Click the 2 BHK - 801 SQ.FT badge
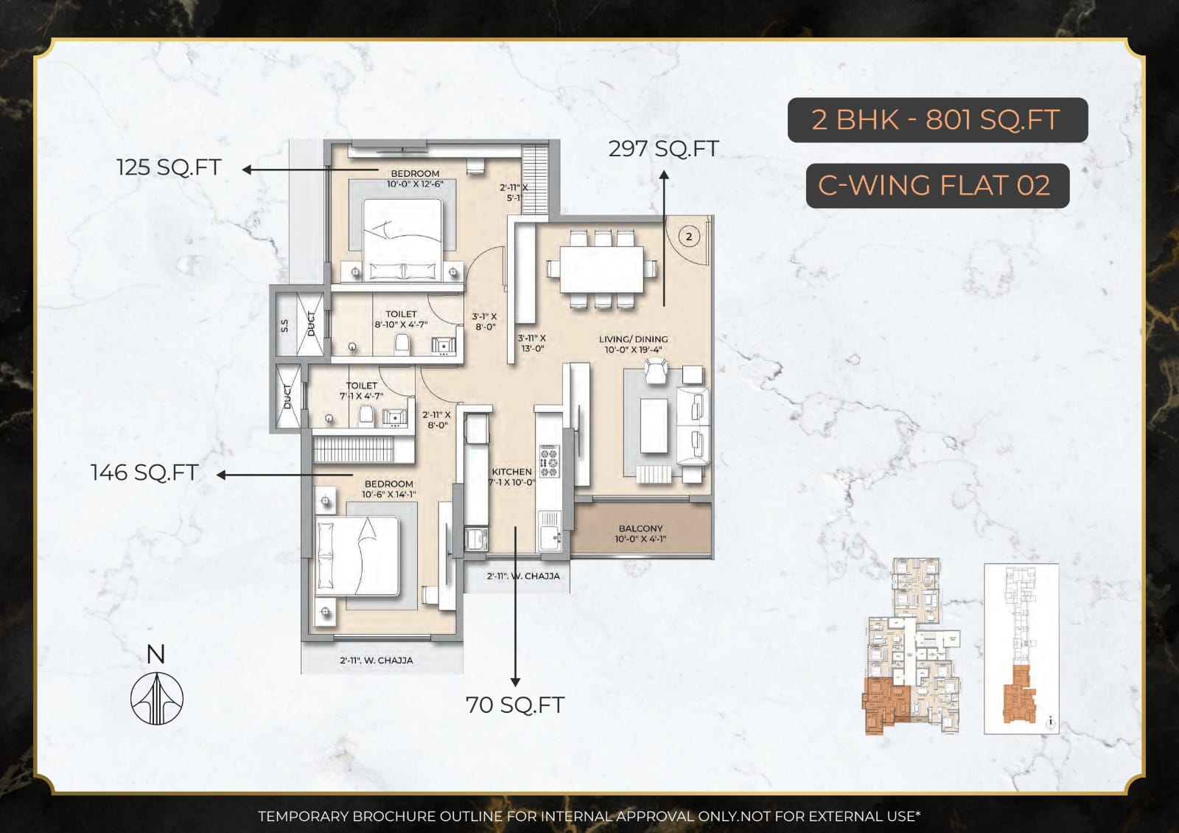937,119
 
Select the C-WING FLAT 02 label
937,185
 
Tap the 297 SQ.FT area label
662,149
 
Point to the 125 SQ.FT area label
169,167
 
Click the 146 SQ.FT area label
144,473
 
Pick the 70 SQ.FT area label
514,705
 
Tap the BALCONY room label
640,529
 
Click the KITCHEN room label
511,472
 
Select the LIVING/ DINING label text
633,339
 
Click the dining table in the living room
601,269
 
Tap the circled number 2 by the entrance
689,237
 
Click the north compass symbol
156,699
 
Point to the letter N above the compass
155,654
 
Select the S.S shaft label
284,325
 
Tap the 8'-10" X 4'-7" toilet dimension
400,324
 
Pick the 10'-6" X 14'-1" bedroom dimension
388,495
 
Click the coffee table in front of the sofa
653,425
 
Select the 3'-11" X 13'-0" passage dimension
531,343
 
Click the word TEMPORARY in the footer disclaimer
302,816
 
